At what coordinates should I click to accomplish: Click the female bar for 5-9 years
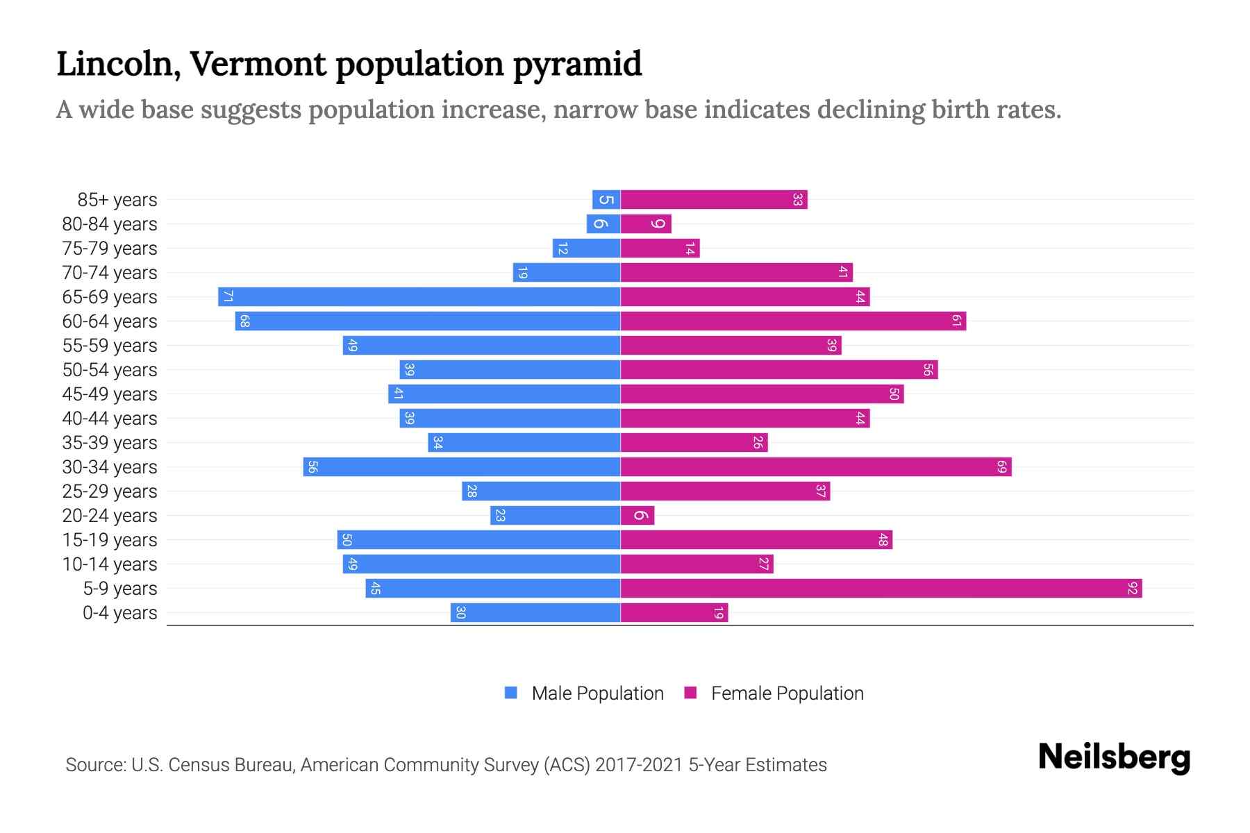coord(881,589)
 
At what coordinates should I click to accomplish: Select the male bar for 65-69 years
coord(419,297)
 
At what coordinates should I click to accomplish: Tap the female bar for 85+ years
coord(714,200)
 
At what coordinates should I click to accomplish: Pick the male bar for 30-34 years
coord(462,467)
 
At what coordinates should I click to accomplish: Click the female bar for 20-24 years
coord(637,516)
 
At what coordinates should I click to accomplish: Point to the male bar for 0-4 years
coord(535,613)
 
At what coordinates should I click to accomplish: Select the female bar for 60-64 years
coord(793,321)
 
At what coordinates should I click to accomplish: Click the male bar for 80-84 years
coord(603,224)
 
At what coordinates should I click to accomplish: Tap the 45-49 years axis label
coord(110,394)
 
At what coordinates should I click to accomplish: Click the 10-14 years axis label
coord(110,564)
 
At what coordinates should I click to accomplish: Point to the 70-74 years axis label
coord(110,273)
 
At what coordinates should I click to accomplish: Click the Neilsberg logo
coord(1114,757)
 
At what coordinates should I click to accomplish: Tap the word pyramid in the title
coord(578,65)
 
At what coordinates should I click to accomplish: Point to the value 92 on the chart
coord(1133,589)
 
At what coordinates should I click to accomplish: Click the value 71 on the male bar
coord(227,297)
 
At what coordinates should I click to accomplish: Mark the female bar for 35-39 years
coord(694,443)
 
